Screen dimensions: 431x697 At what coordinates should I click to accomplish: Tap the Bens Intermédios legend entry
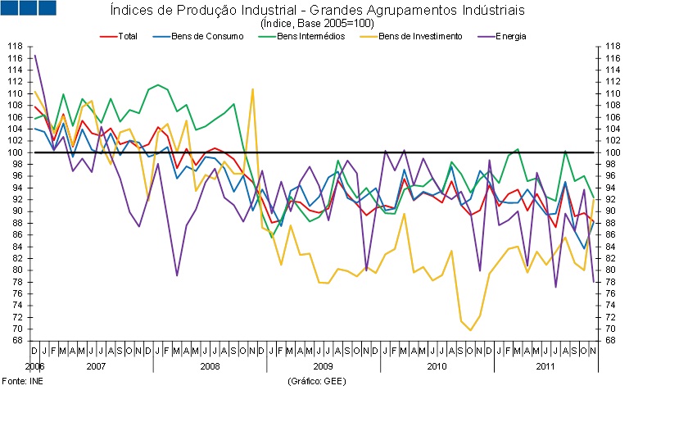pos(310,36)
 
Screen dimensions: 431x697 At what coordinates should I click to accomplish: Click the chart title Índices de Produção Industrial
pos(317,11)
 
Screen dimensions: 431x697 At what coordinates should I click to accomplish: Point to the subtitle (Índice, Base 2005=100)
pos(317,23)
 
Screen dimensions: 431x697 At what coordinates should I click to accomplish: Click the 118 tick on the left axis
pos(14,47)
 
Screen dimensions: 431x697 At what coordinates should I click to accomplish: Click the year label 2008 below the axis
pos(210,365)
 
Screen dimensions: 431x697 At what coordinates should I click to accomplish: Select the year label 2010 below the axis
pos(437,365)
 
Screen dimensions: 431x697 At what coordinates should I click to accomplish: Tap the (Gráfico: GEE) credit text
pos(315,382)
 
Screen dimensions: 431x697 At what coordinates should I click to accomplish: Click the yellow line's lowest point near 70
pos(470,330)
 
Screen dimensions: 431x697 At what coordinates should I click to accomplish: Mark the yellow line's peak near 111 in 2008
pos(252,88)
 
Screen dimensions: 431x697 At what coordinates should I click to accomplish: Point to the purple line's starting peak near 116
pos(34,55)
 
